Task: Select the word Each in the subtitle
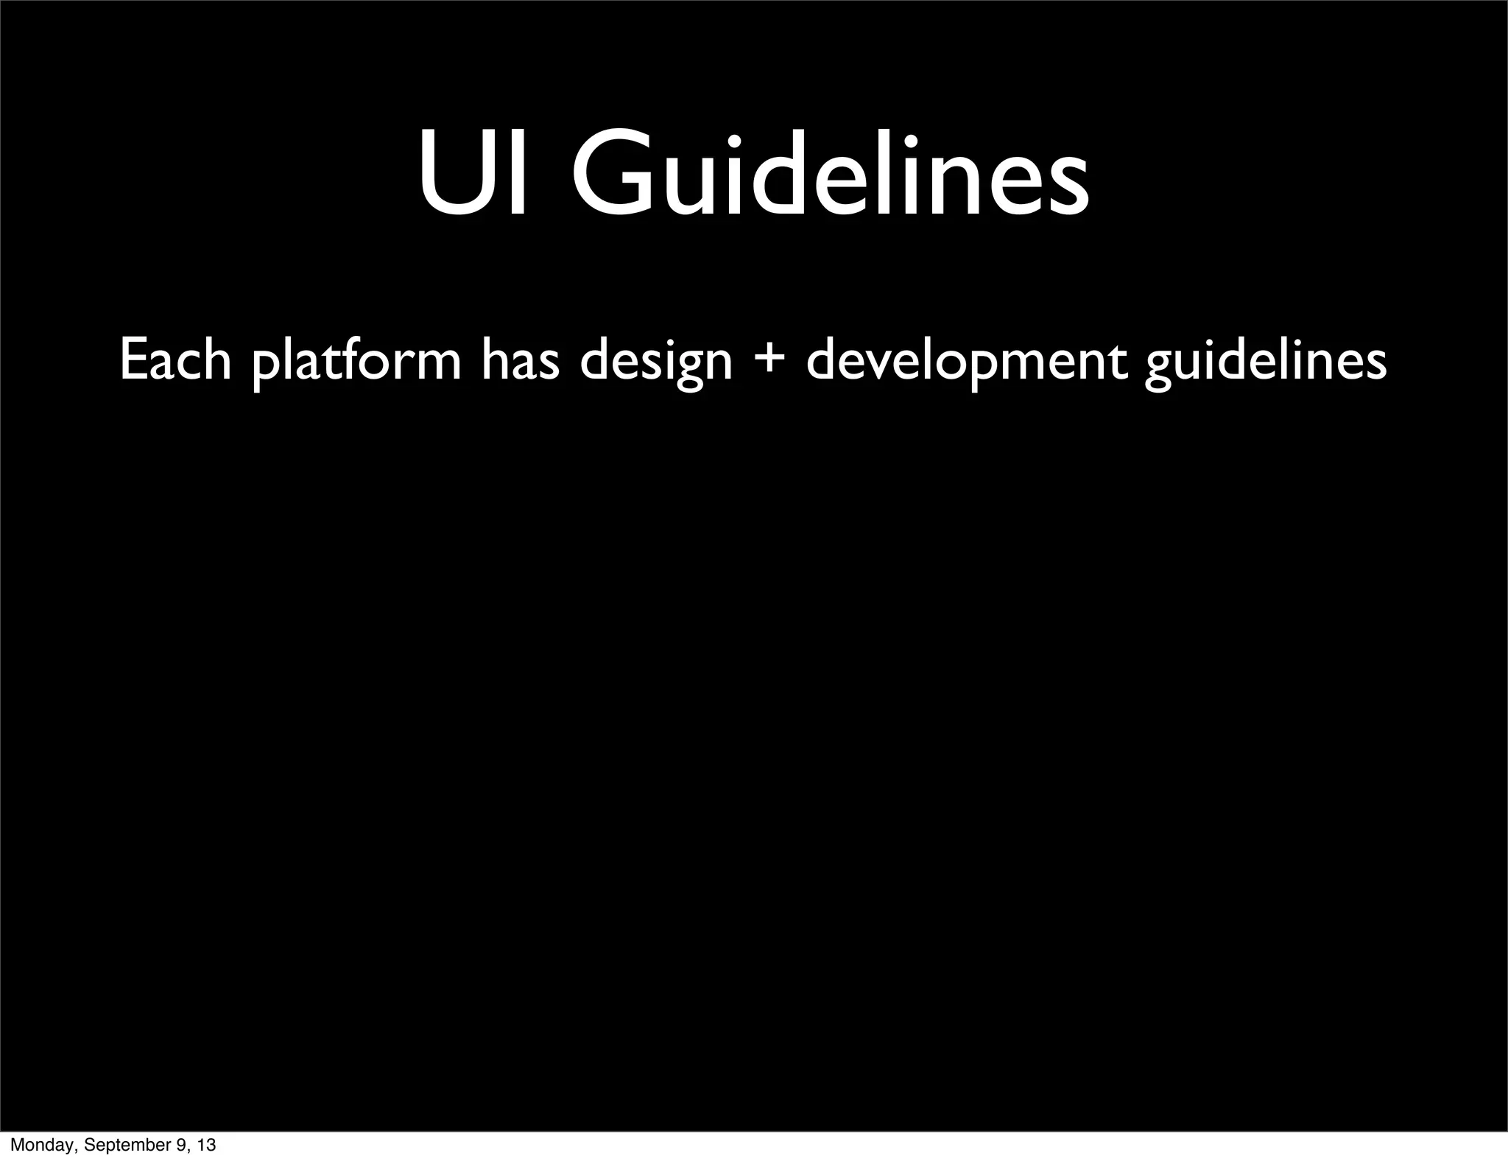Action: [x=175, y=360]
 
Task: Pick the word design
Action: [x=655, y=362]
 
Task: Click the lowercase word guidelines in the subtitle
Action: [x=1266, y=362]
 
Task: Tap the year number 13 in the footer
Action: [x=206, y=1145]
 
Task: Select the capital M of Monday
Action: [x=17, y=1145]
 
